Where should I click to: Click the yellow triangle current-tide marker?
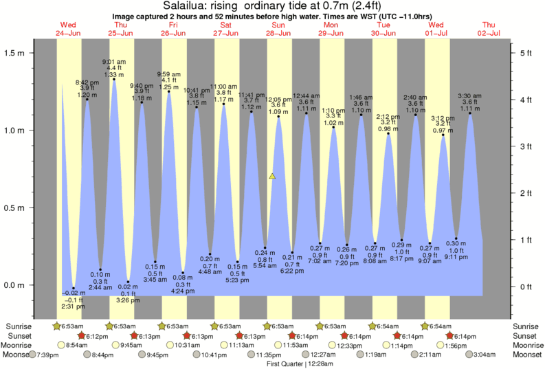273,177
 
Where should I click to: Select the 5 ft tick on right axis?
524,53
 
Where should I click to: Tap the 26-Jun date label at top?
173,33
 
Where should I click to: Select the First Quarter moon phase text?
288,363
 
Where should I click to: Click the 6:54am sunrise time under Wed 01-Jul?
441,326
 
